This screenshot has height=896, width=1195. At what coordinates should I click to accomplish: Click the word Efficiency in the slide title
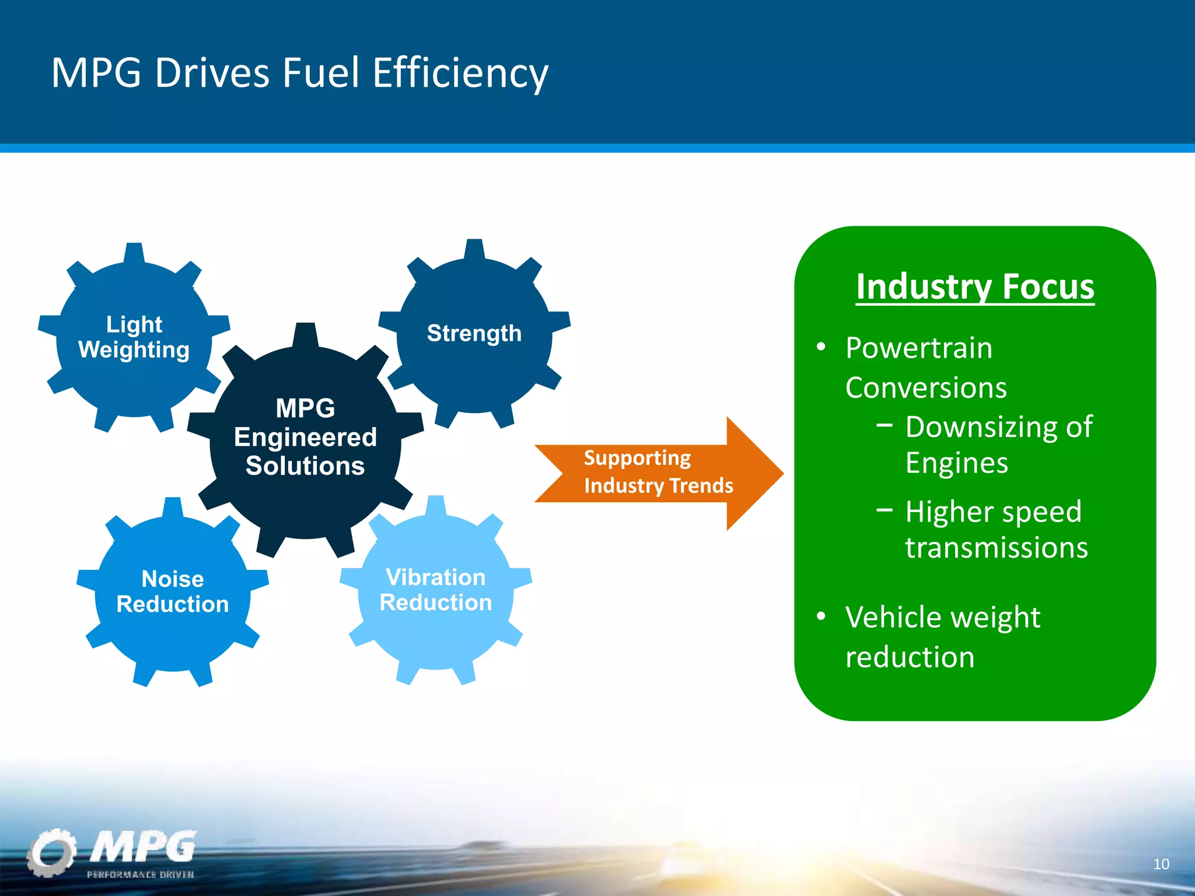click(460, 73)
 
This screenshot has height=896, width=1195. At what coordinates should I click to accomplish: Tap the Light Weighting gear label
click(134, 337)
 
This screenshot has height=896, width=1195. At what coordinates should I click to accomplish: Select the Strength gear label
click(474, 333)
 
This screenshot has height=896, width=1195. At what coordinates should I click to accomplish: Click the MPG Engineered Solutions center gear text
click(305, 437)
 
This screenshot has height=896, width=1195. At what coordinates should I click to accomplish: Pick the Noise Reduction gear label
click(172, 591)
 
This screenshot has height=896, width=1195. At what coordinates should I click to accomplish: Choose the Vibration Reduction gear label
click(435, 590)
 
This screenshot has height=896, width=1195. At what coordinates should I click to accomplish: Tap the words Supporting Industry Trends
click(658, 472)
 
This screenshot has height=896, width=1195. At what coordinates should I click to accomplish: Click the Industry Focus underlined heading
click(975, 286)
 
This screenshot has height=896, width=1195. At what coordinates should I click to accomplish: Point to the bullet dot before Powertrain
click(821, 347)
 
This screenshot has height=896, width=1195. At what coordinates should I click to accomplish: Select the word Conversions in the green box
click(926, 388)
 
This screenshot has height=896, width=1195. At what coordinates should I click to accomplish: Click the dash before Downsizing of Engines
click(884, 426)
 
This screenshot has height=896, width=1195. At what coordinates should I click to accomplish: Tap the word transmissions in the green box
click(996, 548)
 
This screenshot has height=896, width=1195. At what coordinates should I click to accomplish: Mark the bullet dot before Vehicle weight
click(821, 617)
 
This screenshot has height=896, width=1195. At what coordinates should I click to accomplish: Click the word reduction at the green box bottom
click(910, 657)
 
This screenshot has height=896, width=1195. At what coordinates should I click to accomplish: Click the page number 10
click(1161, 864)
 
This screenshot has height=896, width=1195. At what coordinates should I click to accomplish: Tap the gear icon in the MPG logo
click(51, 852)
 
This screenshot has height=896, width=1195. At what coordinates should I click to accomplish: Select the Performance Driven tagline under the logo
click(140, 874)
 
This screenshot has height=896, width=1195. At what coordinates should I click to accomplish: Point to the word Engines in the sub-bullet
click(956, 463)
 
